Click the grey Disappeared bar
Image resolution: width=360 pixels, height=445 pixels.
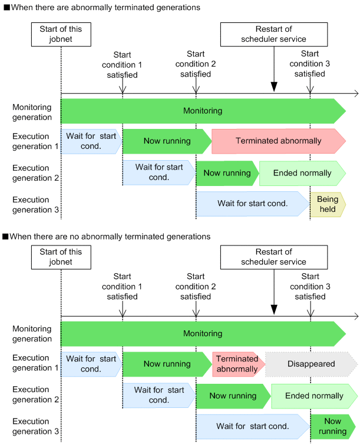coord(311,364)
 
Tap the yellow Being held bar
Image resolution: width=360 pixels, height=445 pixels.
coord(327,205)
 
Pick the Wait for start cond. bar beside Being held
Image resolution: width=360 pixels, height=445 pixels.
coord(252,204)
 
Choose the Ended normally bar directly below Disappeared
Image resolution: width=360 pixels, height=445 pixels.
coord(313,396)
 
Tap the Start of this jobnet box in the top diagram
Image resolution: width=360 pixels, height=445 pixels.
coord(61,34)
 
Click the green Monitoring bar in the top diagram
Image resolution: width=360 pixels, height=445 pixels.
coord(202,111)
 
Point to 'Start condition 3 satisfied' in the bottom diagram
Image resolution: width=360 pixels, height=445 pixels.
coord(310,287)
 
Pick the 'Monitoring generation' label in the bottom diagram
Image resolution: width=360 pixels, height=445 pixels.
coord(32,334)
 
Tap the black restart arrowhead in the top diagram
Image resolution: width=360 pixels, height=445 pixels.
coord(274,88)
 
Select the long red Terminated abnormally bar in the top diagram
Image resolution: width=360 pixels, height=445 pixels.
coord(278,141)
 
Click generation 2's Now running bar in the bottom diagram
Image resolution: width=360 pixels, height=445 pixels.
coord(232,396)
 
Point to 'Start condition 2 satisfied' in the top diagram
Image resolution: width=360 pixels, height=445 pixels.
coord(196,65)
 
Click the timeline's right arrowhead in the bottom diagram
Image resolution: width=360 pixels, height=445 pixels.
coord(355,316)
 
